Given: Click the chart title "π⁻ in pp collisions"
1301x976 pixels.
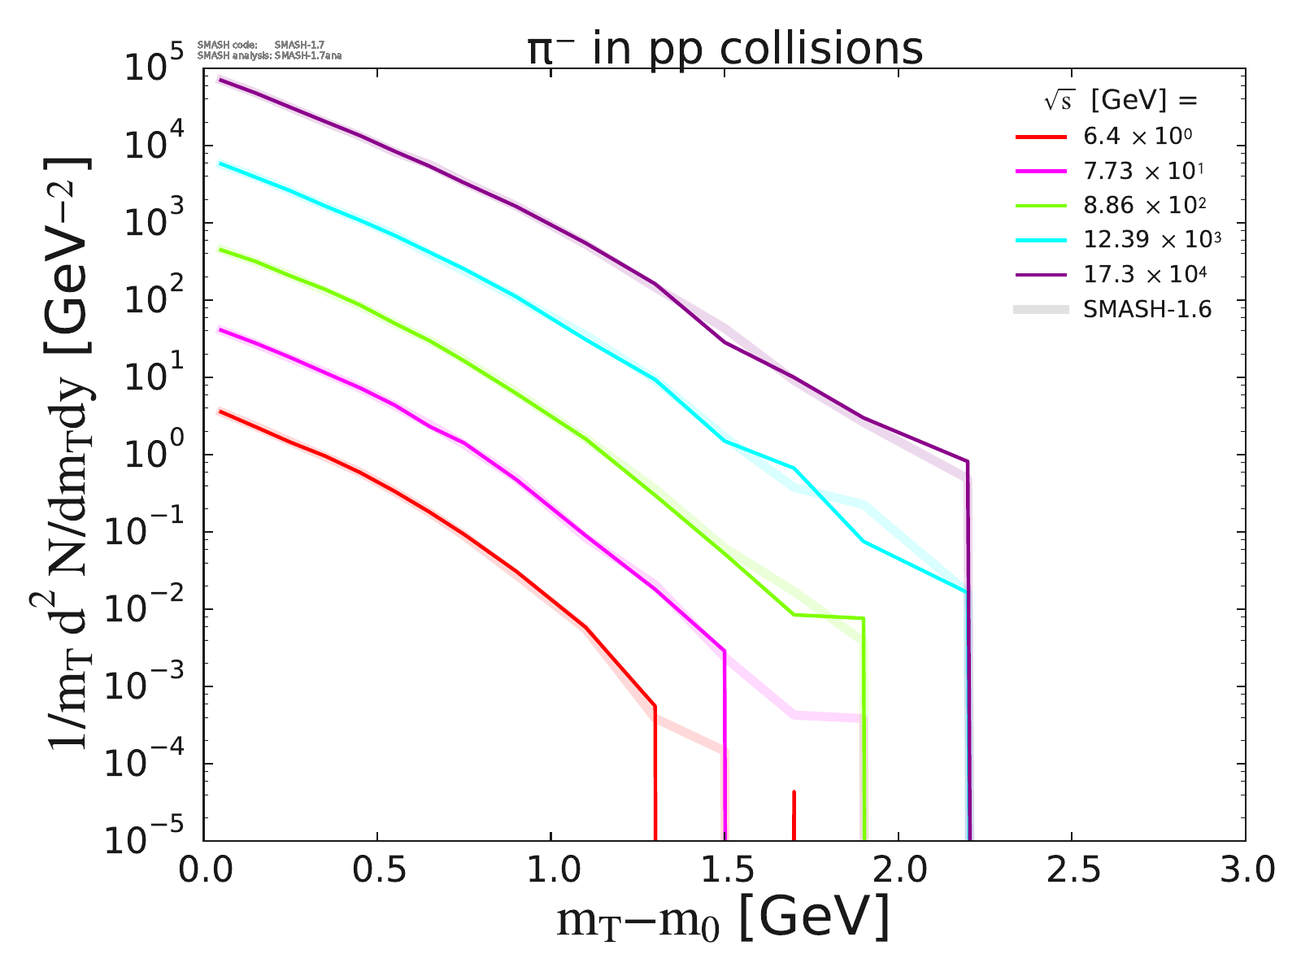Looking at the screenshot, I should pos(724,49).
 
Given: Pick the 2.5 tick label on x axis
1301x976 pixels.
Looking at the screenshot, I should pos(1072,870).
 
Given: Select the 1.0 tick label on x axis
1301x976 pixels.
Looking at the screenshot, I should pos(550,870).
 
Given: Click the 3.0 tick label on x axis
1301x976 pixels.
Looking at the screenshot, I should pos(1245,870).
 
